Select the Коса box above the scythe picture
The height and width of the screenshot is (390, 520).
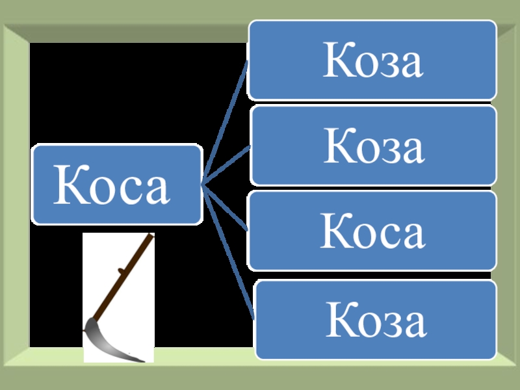point(118,185)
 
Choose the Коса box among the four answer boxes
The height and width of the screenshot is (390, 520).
point(372,231)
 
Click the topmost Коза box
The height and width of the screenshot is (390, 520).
point(372,60)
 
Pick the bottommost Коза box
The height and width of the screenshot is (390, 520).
point(375,320)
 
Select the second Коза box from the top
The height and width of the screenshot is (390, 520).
point(372,146)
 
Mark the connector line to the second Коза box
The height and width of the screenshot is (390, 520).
point(227,166)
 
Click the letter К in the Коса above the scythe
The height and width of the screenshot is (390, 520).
point(70,185)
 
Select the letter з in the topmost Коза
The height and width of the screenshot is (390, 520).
point(385,64)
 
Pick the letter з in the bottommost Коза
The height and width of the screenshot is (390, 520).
point(388,324)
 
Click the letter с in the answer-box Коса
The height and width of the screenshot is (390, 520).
point(385,235)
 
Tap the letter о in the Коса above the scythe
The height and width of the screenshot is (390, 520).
point(102,188)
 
